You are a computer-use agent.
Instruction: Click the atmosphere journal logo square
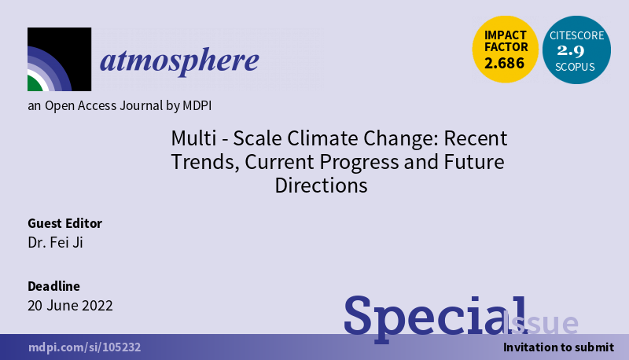coord(59,60)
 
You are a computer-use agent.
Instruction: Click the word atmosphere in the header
coord(179,61)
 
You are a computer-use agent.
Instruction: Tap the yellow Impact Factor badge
coord(505,50)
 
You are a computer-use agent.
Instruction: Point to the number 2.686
coord(505,64)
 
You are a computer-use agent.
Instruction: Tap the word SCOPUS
coord(576,68)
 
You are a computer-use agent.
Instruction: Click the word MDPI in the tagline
coord(193,105)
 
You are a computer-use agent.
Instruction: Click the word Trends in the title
coord(200,163)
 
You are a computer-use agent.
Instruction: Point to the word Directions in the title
coord(321,186)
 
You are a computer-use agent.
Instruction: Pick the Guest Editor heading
coord(65,223)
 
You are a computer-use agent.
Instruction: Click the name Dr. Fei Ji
coord(55,242)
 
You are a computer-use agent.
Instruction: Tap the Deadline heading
coord(53,286)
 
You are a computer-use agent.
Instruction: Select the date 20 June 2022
coord(70,305)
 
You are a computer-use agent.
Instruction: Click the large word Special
coord(433,316)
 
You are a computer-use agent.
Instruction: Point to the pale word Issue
coord(542,323)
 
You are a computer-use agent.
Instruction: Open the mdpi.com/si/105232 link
coord(85,347)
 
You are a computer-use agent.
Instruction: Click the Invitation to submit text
coord(558,347)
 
